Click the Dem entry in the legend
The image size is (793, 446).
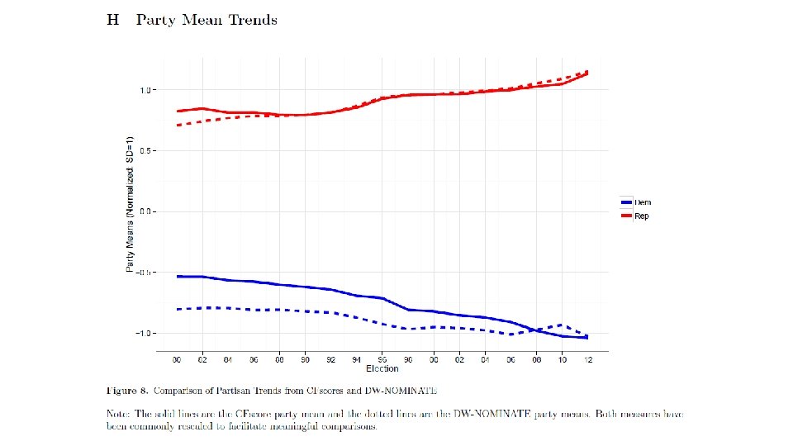click(642, 202)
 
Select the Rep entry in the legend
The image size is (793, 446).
click(642, 216)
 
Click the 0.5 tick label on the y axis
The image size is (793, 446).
click(147, 150)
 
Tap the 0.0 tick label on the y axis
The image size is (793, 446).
click(147, 211)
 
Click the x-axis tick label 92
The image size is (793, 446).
click(330, 360)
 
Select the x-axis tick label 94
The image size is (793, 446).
click(357, 360)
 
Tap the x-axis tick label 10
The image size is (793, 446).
click(562, 360)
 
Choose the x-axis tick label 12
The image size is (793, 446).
click(587, 360)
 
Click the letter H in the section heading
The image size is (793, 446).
click(113, 20)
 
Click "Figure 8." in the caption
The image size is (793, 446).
click(130, 388)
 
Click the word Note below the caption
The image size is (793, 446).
click(120, 413)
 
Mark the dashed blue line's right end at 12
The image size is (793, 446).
click(587, 336)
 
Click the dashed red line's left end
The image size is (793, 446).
click(177, 126)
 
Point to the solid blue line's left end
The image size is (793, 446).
click(177, 277)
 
